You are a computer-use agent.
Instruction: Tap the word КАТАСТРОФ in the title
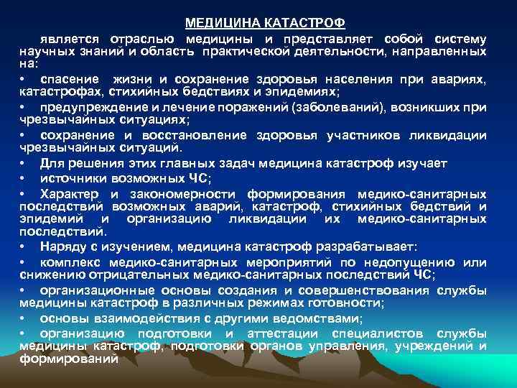[x=292, y=23]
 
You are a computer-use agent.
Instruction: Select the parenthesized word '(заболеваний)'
[x=330, y=107]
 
